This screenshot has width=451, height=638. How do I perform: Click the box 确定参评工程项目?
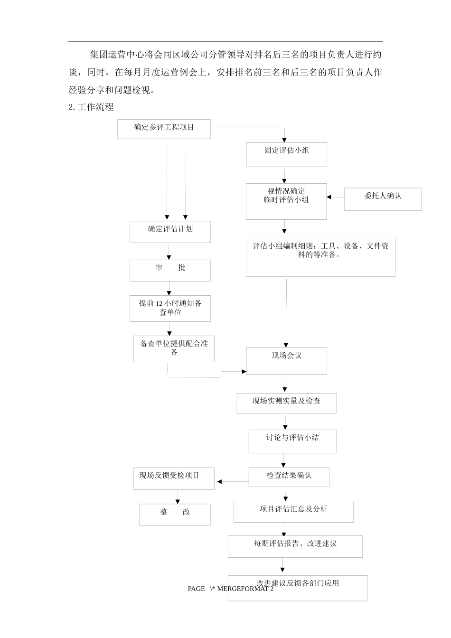tap(164, 129)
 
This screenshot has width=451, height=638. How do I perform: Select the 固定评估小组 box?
tap(286, 154)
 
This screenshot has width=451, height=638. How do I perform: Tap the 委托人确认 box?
tap(383, 199)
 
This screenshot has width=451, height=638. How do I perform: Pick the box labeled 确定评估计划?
tap(170, 232)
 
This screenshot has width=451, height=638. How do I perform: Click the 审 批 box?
tap(170, 270)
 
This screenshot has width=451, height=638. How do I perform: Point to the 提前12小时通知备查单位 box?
tap(170, 308)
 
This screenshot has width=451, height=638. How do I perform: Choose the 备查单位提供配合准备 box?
tap(174, 349)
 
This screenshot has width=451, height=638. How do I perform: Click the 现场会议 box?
tap(286, 360)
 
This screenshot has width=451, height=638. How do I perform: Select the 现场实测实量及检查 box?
tap(286, 403)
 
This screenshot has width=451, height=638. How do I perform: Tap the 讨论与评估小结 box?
tap(292, 441)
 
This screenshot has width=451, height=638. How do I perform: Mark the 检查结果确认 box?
tap(289, 477)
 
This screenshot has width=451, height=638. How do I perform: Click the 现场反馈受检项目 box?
tap(174, 478)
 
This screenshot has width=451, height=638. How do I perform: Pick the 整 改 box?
tap(175, 514)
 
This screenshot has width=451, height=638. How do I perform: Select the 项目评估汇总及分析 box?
tap(293, 511)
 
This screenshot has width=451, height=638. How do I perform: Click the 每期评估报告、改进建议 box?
tap(295, 546)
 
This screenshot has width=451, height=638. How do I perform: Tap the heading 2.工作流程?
tap(91, 107)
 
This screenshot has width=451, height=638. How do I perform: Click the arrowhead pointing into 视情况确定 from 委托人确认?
tap(329, 197)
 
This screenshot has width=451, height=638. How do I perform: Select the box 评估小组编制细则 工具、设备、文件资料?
tap(320, 257)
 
